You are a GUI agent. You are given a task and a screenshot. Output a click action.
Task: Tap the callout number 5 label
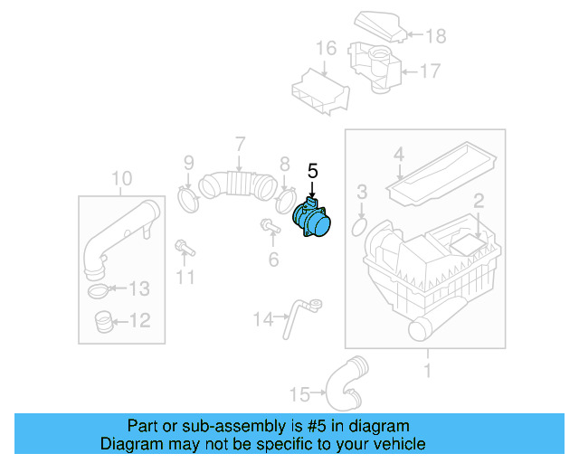click(313, 171)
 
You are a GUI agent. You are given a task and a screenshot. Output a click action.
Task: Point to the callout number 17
click(429, 70)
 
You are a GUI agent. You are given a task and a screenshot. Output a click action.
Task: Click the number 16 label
click(326, 48)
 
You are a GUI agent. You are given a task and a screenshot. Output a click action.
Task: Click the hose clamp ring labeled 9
click(189, 197)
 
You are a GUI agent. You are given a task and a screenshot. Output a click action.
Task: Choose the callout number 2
click(479, 202)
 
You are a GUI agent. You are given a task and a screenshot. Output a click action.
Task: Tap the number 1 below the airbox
click(427, 369)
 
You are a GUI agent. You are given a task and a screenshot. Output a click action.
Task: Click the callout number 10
click(121, 178)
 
